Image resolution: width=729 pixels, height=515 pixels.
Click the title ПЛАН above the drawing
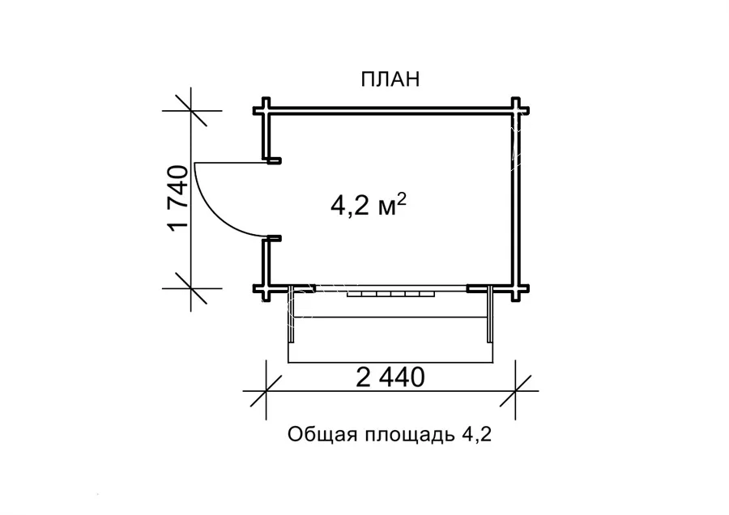coord(389,79)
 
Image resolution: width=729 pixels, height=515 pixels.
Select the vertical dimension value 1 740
coord(179,198)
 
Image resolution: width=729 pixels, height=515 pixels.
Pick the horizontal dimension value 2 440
coord(390,377)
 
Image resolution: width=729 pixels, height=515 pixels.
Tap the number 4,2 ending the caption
coord(477,436)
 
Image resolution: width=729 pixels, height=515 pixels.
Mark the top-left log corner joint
coord(266,111)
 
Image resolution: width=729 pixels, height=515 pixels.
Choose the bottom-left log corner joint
coord(266,289)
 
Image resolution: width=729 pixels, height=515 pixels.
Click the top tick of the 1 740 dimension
coord(190,111)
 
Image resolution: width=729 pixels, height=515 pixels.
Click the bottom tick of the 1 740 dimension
coord(190,289)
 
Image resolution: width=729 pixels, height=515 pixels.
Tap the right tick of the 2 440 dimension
coord(517,390)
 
